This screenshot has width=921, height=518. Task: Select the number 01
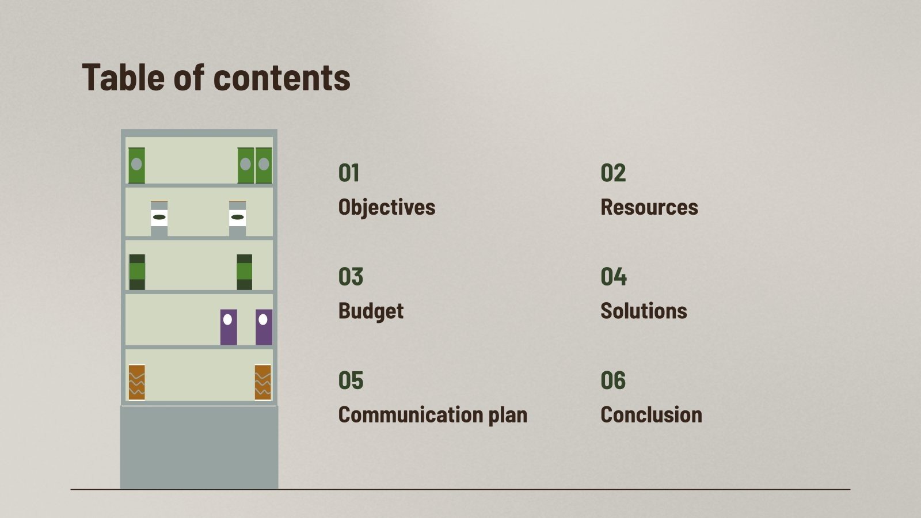point(349,173)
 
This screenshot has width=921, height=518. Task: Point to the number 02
point(612,173)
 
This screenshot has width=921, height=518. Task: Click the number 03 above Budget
point(351,277)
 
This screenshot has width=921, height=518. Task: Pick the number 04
point(613,277)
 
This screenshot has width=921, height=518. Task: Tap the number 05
point(351,380)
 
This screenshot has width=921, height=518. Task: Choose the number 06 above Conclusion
point(612,380)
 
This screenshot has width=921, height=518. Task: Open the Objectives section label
point(386,207)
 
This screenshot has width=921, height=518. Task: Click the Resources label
point(649,207)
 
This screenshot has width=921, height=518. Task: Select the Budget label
point(371,311)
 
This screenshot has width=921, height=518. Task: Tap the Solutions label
point(644,311)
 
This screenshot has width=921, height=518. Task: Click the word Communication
point(410,414)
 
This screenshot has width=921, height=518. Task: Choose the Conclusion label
point(651,414)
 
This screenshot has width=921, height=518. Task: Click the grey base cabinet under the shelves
point(199,447)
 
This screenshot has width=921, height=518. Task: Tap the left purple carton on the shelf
point(229,327)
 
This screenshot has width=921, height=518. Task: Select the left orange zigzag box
point(136,382)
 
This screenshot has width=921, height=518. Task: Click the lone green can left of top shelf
point(136,165)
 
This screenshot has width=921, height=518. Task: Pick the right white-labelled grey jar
point(237,218)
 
